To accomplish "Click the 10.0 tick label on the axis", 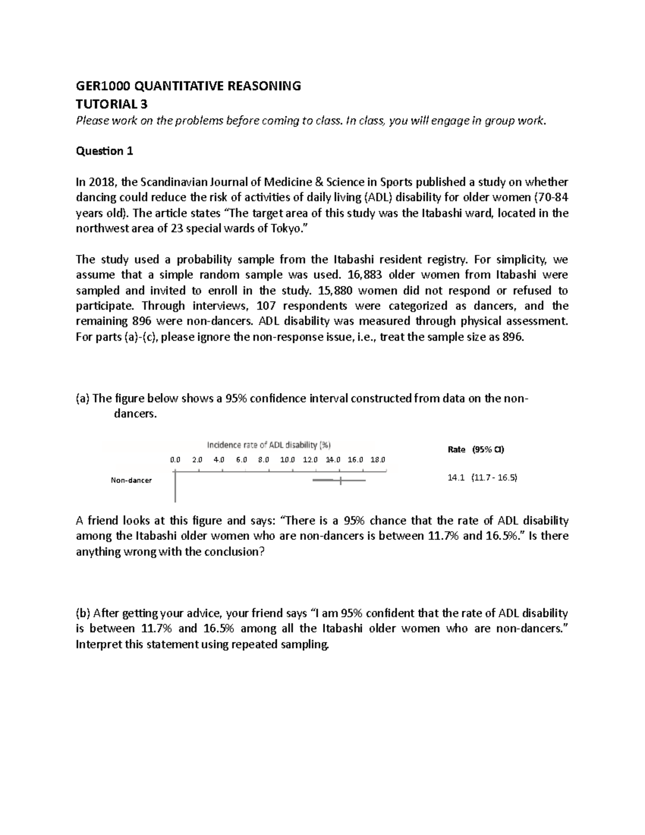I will pyautogui.click(x=288, y=460).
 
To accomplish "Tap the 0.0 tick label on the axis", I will pyautogui.click(x=175, y=460).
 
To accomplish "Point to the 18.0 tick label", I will pyautogui.click(x=378, y=460).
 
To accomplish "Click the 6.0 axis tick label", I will pyautogui.click(x=241, y=460).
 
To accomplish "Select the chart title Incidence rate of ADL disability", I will pyautogui.click(x=269, y=445).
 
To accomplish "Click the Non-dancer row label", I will pyautogui.click(x=131, y=480).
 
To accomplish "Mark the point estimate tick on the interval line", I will pyautogui.click(x=340, y=480).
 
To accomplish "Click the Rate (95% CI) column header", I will pyautogui.click(x=476, y=449).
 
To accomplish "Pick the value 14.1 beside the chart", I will pyautogui.click(x=455, y=477).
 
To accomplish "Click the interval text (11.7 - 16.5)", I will pyautogui.click(x=493, y=477).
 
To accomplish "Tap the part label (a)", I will pyautogui.click(x=83, y=398).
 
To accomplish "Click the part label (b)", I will pyautogui.click(x=83, y=613).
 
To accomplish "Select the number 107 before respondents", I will pyautogui.click(x=267, y=306).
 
